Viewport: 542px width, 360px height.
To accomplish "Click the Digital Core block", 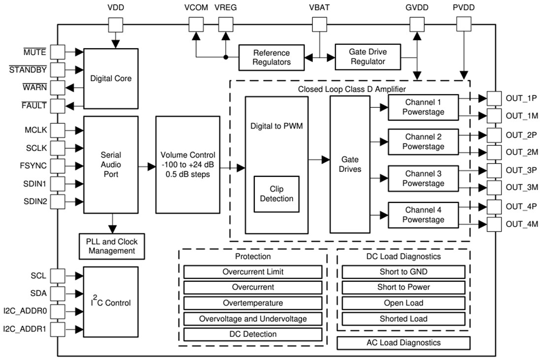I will [x=111, y=79].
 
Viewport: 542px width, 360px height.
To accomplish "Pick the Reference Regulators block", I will [x=271, y=57].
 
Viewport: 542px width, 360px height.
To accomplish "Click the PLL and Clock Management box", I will [x=112, y=246].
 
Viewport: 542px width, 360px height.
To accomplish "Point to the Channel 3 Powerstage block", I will [x=423, y=178].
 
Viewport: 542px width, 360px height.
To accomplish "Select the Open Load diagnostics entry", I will [x=403, y=303].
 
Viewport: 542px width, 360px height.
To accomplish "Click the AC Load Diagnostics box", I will [x=403, y=343].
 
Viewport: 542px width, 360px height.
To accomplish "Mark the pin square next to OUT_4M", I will [x=493, y=225].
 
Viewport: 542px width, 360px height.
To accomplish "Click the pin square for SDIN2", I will [x=58, y=201].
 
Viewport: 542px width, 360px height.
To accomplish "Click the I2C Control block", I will [x=111, y=302].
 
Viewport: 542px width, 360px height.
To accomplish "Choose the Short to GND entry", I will [x=403, y=272].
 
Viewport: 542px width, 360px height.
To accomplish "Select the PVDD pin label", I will [x=464, y=8].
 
